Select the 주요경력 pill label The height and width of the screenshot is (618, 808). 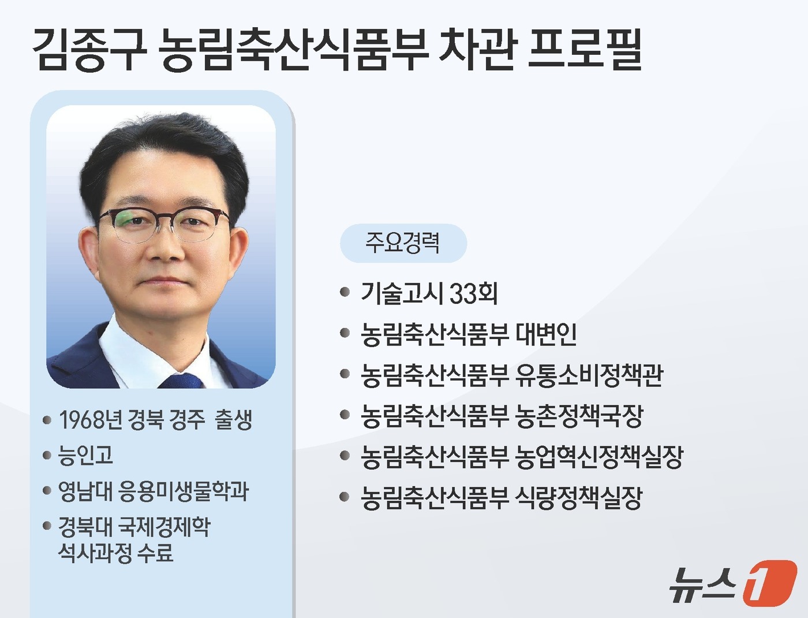coord(403,243)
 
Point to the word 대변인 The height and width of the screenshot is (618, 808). coord(546,334)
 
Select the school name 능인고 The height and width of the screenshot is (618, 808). coord(85,455)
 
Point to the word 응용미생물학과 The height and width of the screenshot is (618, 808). coord(184,491)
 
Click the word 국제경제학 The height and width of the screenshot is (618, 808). coord(164,526)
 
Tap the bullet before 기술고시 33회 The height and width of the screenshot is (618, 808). coord(345,293)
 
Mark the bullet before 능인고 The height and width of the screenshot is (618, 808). coord(47,456)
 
